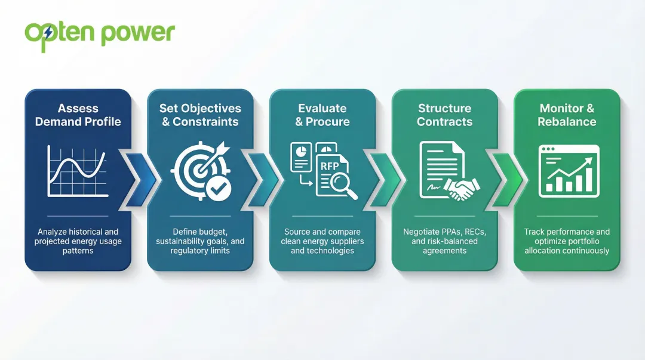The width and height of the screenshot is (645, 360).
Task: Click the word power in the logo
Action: click(x=137, y=33)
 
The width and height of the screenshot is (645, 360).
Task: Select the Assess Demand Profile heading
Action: click(x=78, y=115)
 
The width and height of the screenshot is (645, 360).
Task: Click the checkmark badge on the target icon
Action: click(x=217, y=189)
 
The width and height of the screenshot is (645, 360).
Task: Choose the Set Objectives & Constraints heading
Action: click(x=200, y=115)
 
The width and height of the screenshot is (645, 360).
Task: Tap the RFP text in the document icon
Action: click(x=330, y=167)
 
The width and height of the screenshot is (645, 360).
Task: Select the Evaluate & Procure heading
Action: click(x=322, y=115)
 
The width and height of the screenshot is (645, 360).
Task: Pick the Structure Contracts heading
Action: click(x=444, y=115)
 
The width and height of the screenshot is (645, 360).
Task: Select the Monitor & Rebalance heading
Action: click(x=567, y=115)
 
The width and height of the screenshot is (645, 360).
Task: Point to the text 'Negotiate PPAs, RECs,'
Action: click(x=444, y=232)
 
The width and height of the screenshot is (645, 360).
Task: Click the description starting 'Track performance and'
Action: click(x=567, y=232)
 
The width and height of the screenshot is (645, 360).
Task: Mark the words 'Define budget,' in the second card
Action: click(x=200, y=232)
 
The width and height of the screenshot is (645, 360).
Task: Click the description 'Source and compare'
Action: click(x=322, y=232)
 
